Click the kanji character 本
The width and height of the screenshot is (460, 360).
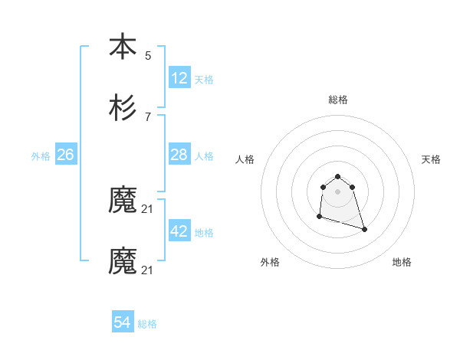click(x=123, y=47)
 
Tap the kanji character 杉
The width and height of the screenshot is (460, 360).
click(x=123, y=109)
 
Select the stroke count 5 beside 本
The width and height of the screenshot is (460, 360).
click(x=148, y=55)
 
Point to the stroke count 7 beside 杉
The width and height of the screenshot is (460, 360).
click(x=148, y=116)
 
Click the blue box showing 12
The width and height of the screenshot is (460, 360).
click(x=179, y=78)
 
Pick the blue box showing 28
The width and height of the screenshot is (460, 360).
click(x=179, y=155)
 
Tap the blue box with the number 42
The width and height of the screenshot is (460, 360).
click(x=179, y=231)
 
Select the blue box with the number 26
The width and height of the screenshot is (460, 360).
click(x=65, y=155)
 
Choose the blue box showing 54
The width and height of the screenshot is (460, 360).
click(x=123, y=323)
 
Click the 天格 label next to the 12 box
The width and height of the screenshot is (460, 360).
click(x=204, y=79)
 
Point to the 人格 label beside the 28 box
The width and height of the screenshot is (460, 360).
click(x=204, y=155)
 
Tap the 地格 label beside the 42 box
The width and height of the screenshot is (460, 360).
click(x=204, y=232)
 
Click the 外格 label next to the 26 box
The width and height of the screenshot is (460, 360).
click(x=41, y=155)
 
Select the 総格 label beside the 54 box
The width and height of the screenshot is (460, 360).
click(x=147, y=324)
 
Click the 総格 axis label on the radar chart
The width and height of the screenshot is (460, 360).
click(x=338, y=100)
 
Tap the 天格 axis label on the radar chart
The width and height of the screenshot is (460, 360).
click(x=431, y=159)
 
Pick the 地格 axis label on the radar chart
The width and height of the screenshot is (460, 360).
click(x=402, y=262)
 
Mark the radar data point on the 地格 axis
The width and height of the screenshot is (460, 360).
click(x=364, y=229)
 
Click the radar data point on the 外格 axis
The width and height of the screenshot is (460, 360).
click(x=319, y=217)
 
